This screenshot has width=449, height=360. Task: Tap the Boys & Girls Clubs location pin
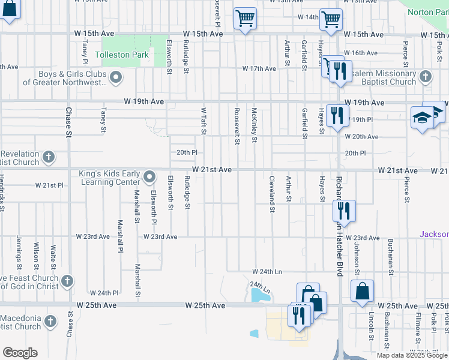pos(116,77)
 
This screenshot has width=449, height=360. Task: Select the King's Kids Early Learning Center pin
pos(150,176)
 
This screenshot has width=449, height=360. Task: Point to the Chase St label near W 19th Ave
pos(68,122)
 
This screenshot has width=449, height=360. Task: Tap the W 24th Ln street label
pos(267,272)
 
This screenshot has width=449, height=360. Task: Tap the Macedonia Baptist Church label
pos(20,322)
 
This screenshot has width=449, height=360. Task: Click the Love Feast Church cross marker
pos(67,281)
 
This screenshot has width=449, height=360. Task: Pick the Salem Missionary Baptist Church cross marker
pos(426,77)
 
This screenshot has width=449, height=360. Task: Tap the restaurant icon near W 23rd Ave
pos(344,210)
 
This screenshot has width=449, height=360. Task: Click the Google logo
pos(20,353)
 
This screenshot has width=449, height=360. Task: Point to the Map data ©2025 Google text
pos(412,355)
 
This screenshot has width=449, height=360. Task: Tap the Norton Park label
pos(428,12)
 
